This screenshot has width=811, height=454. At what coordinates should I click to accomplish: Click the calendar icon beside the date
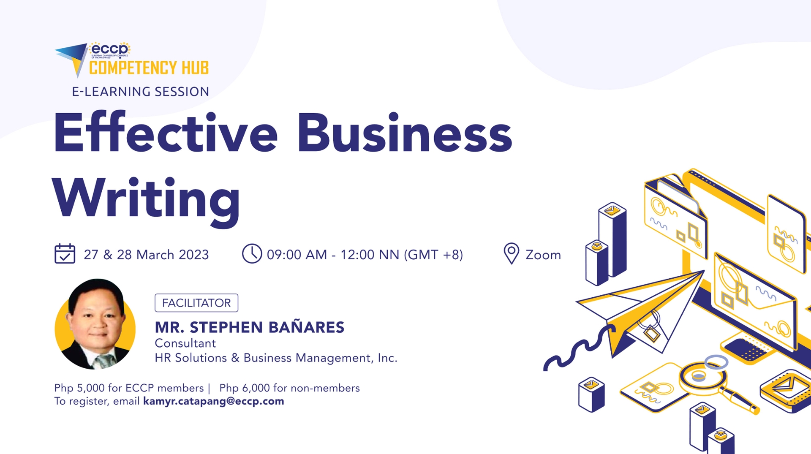pos(65,254)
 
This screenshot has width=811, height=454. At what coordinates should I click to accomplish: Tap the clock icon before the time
pos(252,254)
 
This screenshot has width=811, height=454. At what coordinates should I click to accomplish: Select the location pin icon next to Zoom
pos(511,253)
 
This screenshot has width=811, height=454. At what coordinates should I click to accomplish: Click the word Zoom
pos(543,255)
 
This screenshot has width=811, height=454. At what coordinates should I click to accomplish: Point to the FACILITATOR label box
pos(196,303)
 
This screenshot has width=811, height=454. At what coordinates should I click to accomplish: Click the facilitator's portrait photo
pos(95,324)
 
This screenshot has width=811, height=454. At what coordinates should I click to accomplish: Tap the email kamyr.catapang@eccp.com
pos(213,401)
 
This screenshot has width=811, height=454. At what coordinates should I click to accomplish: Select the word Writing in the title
pos(146,198)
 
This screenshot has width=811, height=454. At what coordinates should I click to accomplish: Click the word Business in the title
pos(405,133)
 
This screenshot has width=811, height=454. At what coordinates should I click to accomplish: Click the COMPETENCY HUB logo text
pos(149,68)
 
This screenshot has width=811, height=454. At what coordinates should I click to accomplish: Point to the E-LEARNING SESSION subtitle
pos(140,92)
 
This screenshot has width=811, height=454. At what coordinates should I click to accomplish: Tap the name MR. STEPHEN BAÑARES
pos(249,327)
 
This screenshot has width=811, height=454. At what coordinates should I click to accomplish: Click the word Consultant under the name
pos(185,343)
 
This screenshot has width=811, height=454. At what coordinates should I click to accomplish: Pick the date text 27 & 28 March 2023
pos(146,255)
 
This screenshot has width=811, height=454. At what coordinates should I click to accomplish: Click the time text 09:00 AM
pos(297,255)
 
